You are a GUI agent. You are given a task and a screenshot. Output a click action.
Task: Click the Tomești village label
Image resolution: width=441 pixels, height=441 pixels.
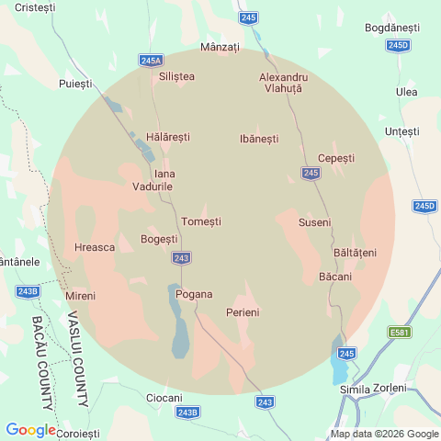[x=201, y=221]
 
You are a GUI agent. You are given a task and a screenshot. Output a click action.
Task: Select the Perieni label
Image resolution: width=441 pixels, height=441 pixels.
[x=243, y=312]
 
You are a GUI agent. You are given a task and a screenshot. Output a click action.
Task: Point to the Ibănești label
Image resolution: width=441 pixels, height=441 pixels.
[x=258, y=138]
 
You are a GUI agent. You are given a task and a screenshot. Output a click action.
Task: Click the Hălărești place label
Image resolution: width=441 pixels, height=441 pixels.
[x=168, y=136]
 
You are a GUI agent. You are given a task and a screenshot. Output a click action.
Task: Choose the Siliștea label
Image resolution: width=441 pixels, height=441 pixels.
[x=176, y=76]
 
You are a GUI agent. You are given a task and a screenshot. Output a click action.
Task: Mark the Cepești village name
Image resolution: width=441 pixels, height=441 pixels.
[x=335, y=158]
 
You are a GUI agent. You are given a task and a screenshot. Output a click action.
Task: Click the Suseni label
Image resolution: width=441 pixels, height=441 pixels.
[x=314, y=222]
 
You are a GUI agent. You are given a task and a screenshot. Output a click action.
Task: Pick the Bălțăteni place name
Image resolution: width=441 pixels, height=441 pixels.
[x=356, y=252]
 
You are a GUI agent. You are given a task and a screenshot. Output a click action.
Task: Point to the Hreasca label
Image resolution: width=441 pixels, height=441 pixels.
[x=94, y=247]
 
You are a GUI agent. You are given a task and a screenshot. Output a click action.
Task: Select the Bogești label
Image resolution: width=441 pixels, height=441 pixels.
[x=159, y=239]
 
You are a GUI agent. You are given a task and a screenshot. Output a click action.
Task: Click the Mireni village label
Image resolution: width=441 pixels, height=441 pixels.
[x=80, y=296]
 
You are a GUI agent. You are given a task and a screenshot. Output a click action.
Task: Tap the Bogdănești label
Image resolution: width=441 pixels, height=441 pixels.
[x=391, y=28]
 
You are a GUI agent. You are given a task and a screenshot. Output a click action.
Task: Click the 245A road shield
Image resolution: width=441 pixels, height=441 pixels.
[x=152, y=60]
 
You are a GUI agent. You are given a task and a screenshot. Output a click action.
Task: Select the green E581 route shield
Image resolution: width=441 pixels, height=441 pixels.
[x=399, y=332]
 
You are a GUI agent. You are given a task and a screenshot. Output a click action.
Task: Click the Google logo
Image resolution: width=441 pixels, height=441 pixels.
[x=31, y=429]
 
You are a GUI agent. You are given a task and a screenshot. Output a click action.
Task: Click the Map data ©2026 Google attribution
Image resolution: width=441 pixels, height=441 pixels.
[x=385, y=434]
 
